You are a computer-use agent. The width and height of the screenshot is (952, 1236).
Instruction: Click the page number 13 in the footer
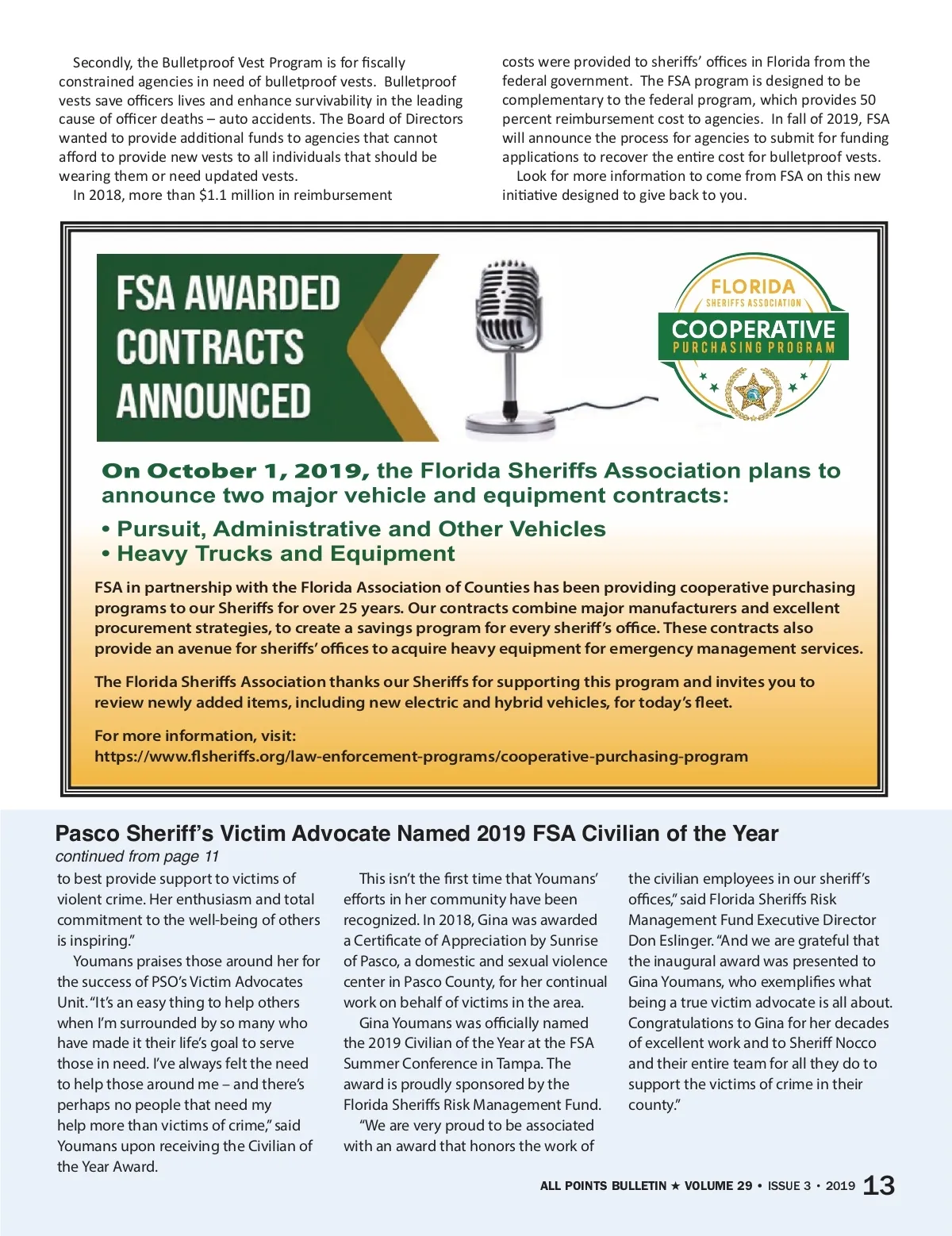(x=878, y=1185)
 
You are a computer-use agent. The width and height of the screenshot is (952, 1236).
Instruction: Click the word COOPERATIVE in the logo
(x=753, y=329)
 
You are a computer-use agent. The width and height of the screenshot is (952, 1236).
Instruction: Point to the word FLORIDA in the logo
(x=753, y=287)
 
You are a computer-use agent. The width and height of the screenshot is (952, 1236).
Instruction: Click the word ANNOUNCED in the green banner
(x=213, y=401)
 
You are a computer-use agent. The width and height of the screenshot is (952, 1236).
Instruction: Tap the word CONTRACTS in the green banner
(x=210, y=347)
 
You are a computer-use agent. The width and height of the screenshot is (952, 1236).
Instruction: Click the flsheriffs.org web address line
(x=420, y=756)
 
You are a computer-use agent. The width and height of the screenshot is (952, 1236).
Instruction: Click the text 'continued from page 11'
(x=136, y=856)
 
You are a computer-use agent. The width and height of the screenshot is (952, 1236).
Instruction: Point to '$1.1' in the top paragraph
(x=216, y=195)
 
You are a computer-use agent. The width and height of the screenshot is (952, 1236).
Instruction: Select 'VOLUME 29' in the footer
(x=718, y=1186)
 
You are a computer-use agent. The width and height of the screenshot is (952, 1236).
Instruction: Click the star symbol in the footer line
(x=675, y=1186)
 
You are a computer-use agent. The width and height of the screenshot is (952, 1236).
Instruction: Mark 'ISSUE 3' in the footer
(x=789, y=1186)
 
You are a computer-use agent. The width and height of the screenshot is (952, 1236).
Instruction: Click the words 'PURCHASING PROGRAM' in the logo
(x=754, y=347)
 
